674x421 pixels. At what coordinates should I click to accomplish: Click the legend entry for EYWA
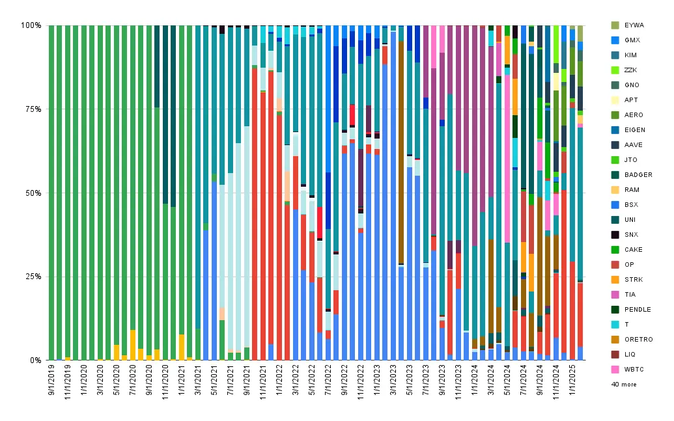tap(628, 25)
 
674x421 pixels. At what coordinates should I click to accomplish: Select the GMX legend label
tap(626, 40)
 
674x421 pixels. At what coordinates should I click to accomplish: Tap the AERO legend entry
tap(627, 115)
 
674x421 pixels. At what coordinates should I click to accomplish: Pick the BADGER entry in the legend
tap(632, 175)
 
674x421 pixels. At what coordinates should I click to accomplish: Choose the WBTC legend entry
tap(628, 370)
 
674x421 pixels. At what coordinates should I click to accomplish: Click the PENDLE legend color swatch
tap(615, 310)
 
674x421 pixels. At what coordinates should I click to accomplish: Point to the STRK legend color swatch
tap(615, 280)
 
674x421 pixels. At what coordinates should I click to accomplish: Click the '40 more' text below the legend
tap(624, 385)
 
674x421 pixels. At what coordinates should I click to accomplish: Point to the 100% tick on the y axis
tap(31, 25)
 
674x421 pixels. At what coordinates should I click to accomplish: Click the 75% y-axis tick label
tap(33, 109)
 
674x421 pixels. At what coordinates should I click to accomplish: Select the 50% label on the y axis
tap(33, 193)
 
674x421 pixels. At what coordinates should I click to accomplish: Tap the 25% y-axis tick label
tap(33, 277)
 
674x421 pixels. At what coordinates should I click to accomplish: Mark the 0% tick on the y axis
tap(35, 360)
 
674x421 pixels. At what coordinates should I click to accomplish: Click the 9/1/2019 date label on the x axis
tap(51, 380)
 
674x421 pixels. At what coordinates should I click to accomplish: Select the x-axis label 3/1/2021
tap(198, 380)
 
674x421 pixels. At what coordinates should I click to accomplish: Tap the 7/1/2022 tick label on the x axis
tap(329, 380)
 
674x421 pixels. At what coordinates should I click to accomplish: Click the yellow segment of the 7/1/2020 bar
tap(133, 345)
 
